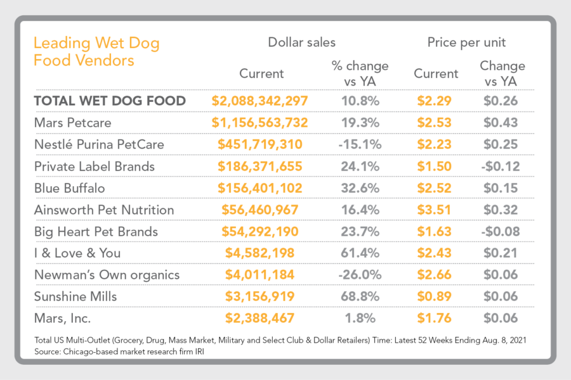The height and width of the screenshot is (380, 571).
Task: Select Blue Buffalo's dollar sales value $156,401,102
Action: [x=260, y=188]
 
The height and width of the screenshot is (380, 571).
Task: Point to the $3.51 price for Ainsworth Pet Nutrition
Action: [x=435, y=210]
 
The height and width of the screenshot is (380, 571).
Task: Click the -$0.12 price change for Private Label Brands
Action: [x=502, y=166]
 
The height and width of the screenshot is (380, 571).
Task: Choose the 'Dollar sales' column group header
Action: [x=301, y=43]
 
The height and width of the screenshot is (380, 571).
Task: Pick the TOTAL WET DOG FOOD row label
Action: [x=110, y=101]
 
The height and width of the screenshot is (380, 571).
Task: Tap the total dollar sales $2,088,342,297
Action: [x=260, y=101]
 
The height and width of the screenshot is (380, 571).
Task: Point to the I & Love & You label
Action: [x=77, y=253]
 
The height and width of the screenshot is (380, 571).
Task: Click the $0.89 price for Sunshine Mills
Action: [x=435, y=296]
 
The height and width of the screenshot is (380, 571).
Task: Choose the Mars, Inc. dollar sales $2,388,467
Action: [x=260, y=318]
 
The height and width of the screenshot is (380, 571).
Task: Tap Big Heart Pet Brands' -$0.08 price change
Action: [x=502, y=231]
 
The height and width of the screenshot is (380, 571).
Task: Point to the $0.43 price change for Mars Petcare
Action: [x=502, y=122]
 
